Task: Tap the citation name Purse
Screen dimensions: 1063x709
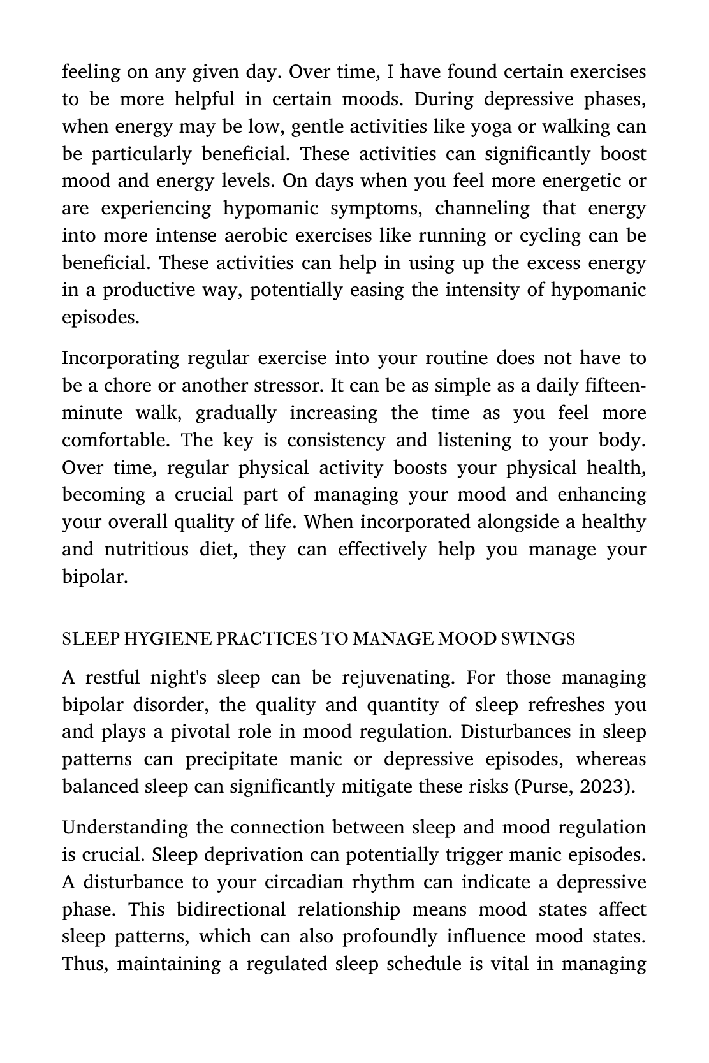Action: click(547, 787)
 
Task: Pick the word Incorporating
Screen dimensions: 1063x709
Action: click(119, 358)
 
